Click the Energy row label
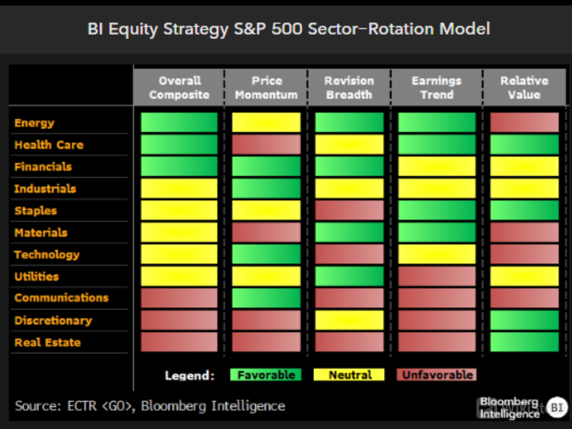tap(34, 123)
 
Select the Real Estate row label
tap(48, 342)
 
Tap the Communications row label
tap(61, 297)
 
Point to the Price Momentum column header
tap(267, 88)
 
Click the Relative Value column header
tap(524, 88)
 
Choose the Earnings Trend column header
tap(436, 88)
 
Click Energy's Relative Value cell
tap(524, 122)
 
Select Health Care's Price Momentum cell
tap(267, 144)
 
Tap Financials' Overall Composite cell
tap(179, 166)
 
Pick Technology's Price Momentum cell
tap(267, 255)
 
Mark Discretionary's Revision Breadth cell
tap(349, 320)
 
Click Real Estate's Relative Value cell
tap(524, 342)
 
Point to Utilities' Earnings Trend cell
tap(436, 276)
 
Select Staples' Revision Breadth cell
tap(349, 210)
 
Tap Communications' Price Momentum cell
tap(267, 298)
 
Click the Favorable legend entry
tap(266, 375)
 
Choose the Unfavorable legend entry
tap(436, 375)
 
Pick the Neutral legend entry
tap(349, 375)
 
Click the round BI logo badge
tap(557, 407)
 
